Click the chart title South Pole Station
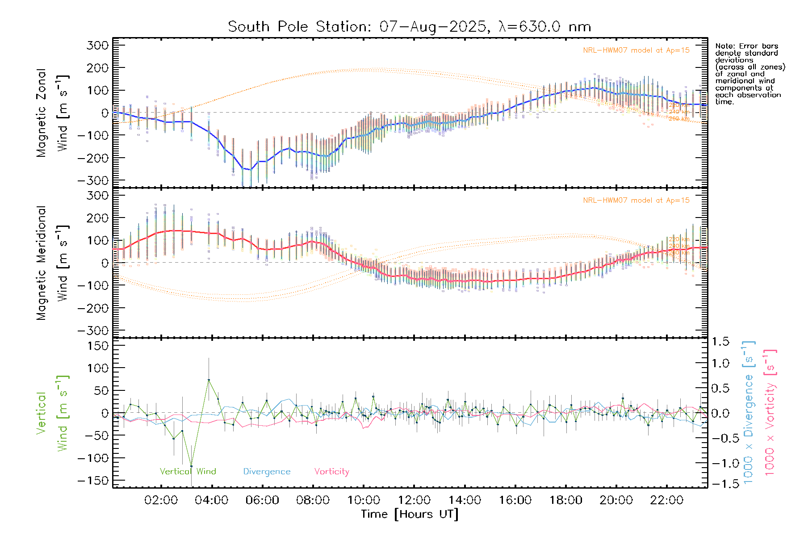click(x=409, y=27)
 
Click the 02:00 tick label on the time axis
click(x=161, y=500)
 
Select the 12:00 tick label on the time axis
click(x=414, y=500)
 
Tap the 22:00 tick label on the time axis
click(x=666, y=500)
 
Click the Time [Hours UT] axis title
click(x=410, y=514)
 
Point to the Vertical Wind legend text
click(x=188, y=471)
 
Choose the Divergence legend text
click(x=267, y=472)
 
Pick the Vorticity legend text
click(x=331, y=471)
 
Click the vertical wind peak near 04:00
click(x=209, y=380)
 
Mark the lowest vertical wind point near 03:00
click(x=191, y=466)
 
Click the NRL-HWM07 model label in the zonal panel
click(x=636, y=50)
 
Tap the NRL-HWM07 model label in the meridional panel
click(x=636, y=201)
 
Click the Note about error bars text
click(x=750, y=74)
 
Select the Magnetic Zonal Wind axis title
click(x=52, y=113)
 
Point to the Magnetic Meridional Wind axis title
click(x=52, y=263)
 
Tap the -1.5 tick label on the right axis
click(x=720, y=484)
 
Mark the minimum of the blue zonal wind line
click(x=250, y=170)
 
